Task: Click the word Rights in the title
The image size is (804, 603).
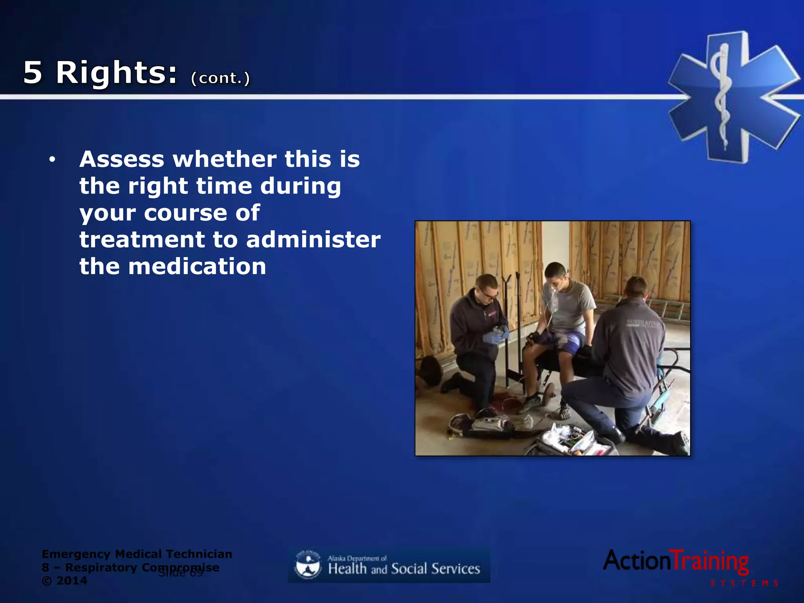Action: pyautogui.click(x=116, y=73)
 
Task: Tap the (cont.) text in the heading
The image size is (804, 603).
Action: pyautogui.click(x=220, y=78)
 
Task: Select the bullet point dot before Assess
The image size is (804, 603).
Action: pyautogui.click(x=52, y=159)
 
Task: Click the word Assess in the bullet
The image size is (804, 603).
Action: pyautogui.click(x=122, y=159)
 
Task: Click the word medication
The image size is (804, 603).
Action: pyautogui.click(x=197, y=267)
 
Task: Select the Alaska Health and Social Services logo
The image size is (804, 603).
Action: pyautogui.click(x=389, y=565)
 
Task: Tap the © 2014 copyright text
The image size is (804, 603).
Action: pyautogui.click(x=64, y=581)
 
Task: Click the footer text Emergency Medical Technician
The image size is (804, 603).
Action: pyautogui.click(x=137, y=554)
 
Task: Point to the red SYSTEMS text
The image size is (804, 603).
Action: pyautogui.click(x=744, y=583)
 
